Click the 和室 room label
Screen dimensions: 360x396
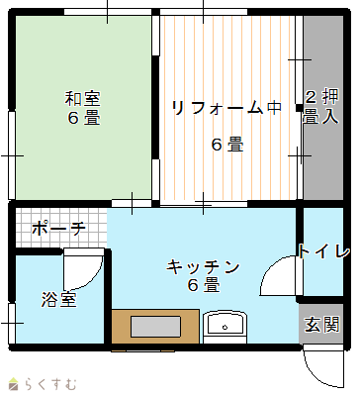82,98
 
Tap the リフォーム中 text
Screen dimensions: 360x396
226,108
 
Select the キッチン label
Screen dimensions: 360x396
203,267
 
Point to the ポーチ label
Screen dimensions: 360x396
59,228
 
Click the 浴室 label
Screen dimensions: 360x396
59,299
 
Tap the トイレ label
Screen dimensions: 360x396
323,251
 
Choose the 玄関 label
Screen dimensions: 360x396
321,325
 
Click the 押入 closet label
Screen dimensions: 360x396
330,106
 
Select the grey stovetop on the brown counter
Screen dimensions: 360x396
156,327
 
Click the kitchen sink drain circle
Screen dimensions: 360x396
225,328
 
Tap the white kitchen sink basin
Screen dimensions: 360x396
225,324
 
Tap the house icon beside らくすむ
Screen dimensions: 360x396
14,383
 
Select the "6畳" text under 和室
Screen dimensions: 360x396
83,118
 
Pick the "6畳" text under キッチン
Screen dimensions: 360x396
204,285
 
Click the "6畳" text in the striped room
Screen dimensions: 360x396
227,145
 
